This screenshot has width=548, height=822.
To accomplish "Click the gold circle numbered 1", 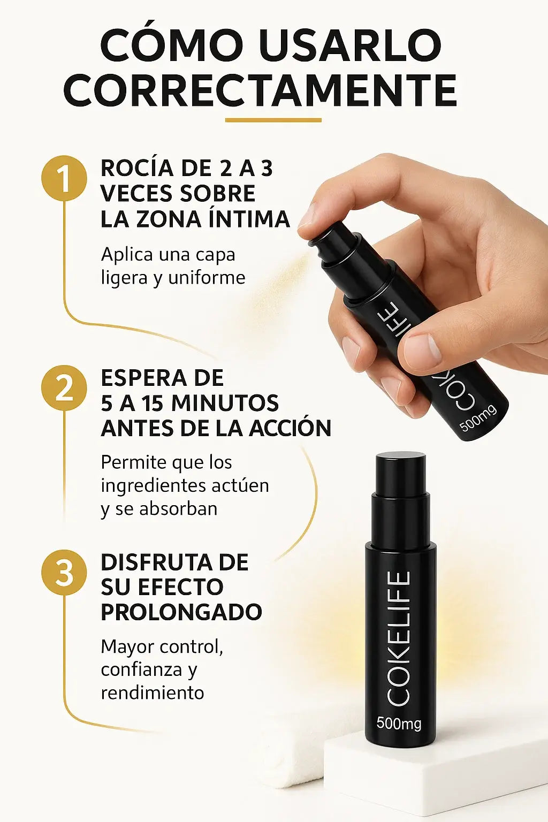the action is coord(65,179).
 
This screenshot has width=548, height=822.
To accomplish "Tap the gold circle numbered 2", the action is coord(65,388).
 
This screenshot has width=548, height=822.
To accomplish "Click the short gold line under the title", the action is coord(273,120).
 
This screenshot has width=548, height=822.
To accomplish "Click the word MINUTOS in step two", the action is coord(225,403).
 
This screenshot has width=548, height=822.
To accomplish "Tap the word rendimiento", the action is coord(153,693).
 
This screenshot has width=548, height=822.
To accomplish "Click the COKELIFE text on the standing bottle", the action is coord(398,638).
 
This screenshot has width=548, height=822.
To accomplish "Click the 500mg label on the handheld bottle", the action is coord(478,418).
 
